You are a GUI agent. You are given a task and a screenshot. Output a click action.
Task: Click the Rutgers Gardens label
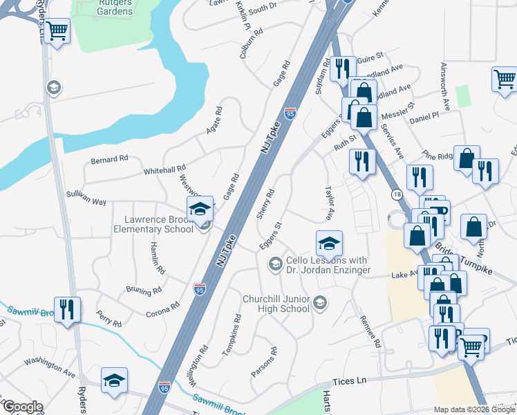tap(115, 6)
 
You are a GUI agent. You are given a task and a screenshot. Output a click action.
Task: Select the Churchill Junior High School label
tap(276, 304)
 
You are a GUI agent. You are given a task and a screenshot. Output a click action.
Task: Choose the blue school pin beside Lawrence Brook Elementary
tap(200, 209)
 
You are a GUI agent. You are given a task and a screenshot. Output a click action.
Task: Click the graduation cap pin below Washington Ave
tap(115, 380)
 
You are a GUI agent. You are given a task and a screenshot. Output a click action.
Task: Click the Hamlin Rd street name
tap(158, 259)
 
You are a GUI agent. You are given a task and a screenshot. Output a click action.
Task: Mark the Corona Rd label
tap(162, 308)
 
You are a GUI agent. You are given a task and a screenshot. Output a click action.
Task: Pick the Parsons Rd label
tap(263, 362)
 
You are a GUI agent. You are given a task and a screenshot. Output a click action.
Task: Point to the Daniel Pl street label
tap(424, 119)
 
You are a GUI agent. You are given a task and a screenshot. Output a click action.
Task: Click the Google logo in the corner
tap(23, 407)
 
